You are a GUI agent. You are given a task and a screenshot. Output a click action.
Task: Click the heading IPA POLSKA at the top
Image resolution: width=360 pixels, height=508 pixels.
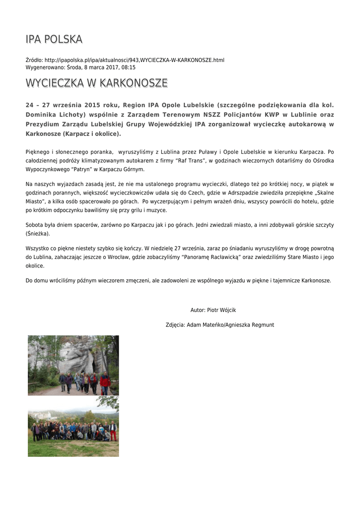54,39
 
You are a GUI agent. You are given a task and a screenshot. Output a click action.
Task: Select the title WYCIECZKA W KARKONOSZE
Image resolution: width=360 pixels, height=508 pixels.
96,83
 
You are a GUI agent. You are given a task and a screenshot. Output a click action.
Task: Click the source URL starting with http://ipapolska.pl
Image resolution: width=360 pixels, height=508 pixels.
134,60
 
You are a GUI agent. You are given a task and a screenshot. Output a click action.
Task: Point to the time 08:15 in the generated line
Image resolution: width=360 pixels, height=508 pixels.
129,67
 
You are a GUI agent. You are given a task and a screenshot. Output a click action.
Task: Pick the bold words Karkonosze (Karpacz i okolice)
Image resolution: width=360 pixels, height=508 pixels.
73,134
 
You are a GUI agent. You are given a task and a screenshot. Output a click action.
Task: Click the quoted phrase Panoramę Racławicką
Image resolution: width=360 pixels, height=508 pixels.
212,257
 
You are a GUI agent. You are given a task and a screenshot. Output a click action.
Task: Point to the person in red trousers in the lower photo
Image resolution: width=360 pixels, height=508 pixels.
113,432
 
